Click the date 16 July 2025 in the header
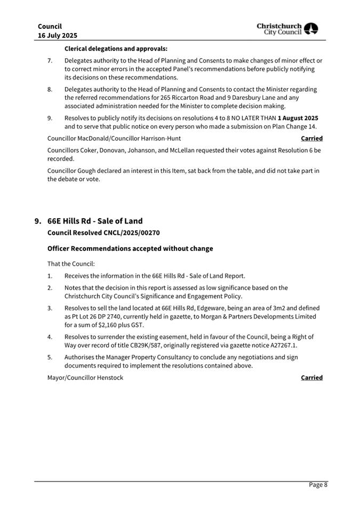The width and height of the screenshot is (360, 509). [58, 35]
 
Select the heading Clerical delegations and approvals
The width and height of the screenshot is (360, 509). [116, 49]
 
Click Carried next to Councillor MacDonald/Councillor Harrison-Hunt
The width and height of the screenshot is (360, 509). [311, 138]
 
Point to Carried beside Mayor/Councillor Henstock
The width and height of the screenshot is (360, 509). [311, 378]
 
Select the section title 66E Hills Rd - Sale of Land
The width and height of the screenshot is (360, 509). [95, 221]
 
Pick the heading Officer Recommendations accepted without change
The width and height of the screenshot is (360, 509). [130, 249]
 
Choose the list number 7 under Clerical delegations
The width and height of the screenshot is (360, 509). [50, 61]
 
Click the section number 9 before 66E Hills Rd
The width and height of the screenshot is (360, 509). [37, 221]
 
